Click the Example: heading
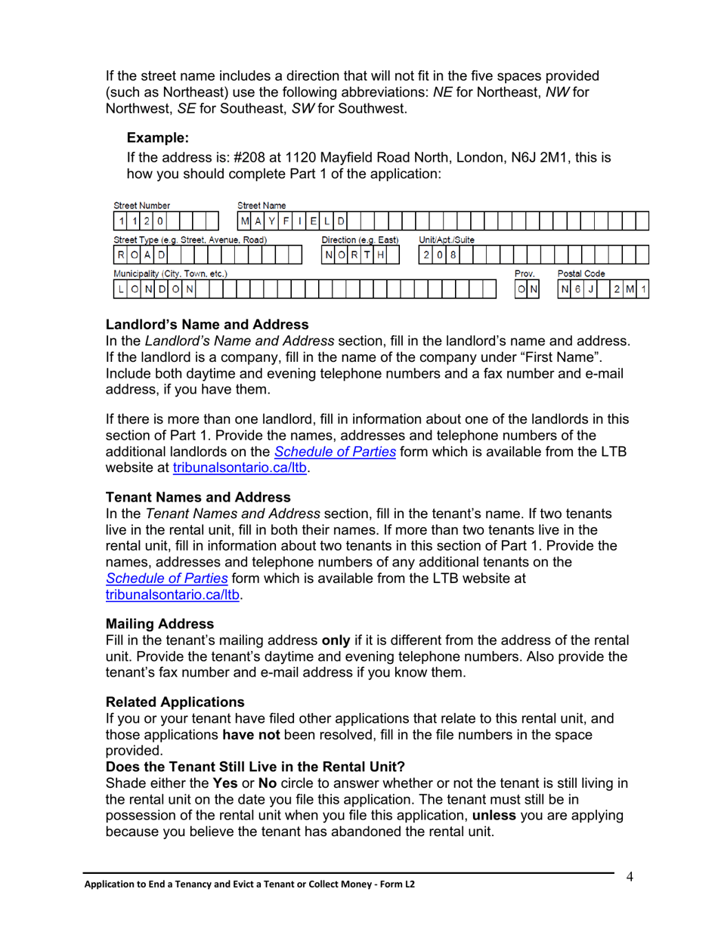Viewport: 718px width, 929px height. pos(157,137)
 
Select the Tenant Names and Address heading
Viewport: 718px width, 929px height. pos(198,497)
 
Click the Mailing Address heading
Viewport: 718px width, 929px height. pos(160,624)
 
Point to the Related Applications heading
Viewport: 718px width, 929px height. pos(175,702)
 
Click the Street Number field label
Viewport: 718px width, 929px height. pos(142,205)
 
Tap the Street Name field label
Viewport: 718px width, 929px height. pos(262,205)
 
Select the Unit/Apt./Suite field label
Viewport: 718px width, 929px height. pos(447,239)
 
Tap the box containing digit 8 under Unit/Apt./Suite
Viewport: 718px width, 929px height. pos(453,255)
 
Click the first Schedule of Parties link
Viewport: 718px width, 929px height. pos(335,452)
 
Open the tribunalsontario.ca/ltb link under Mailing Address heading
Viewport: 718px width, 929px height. pos(174,594)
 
